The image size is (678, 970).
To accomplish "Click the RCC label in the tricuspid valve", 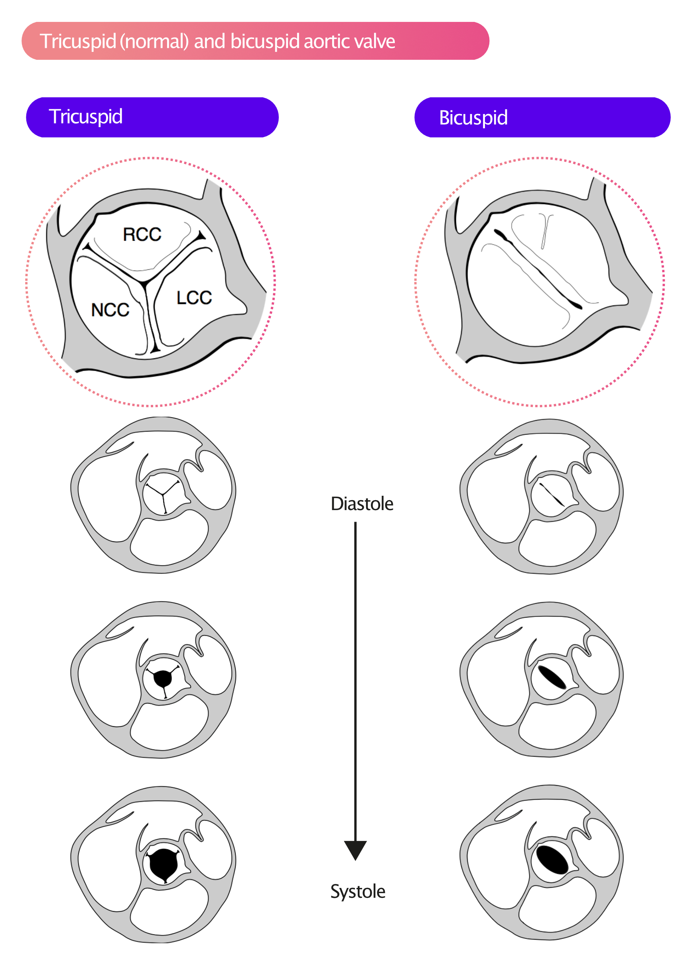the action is pyautogui.click(x=142, y=234).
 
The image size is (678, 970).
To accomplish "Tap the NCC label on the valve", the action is pyautogui.click(x=110, y=310).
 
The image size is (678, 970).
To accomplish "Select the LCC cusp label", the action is pyautogui.click(x=194, y=297).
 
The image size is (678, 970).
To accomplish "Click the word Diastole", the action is pyautogui.click(x=362, y=504).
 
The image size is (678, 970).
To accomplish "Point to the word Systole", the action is pyautogui.click(x=358, y=891).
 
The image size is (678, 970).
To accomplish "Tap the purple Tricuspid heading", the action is pyautogui.click(x=152, y=117).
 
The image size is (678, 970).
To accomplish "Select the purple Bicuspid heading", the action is pyautogui.click(x=542, y=117).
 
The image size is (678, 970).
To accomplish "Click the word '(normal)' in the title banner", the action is pyautogui.click(x=154, y=41).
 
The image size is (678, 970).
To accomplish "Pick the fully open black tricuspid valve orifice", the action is pyautogui.click(x=163, y=864).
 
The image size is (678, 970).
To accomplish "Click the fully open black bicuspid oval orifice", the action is pyautogui.click(x=552, y=860).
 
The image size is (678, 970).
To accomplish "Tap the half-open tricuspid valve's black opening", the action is pyautogui.click(x=163, y=679).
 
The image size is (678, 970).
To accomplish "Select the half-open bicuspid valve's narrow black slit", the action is pyautogui.click(x=552, y=677).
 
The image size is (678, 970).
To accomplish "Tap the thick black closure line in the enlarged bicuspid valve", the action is pyautogui.click(x=538, y=269).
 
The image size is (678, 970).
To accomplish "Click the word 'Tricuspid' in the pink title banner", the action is pyautogui.click(x=78, y=41).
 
